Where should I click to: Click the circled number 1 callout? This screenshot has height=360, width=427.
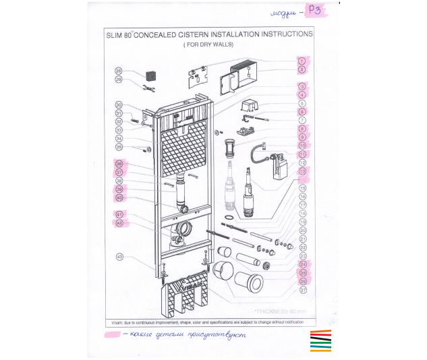tap(303, 60)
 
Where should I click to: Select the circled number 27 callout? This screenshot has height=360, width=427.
tap(303, 291)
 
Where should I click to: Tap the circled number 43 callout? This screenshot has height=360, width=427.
tap(119, 257)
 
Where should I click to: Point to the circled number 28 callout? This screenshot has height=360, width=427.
tap(119, 71)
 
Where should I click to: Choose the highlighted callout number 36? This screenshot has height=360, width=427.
tap(119, 163)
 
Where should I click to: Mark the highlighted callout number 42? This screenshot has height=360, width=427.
tap(119, 223)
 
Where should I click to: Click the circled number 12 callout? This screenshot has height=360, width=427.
tap(303, 162)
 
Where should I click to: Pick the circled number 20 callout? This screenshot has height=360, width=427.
tap(303, 231)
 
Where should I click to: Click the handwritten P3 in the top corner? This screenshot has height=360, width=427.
tap(314, 11)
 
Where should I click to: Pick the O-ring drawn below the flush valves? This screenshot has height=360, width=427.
tap(231, 218)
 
